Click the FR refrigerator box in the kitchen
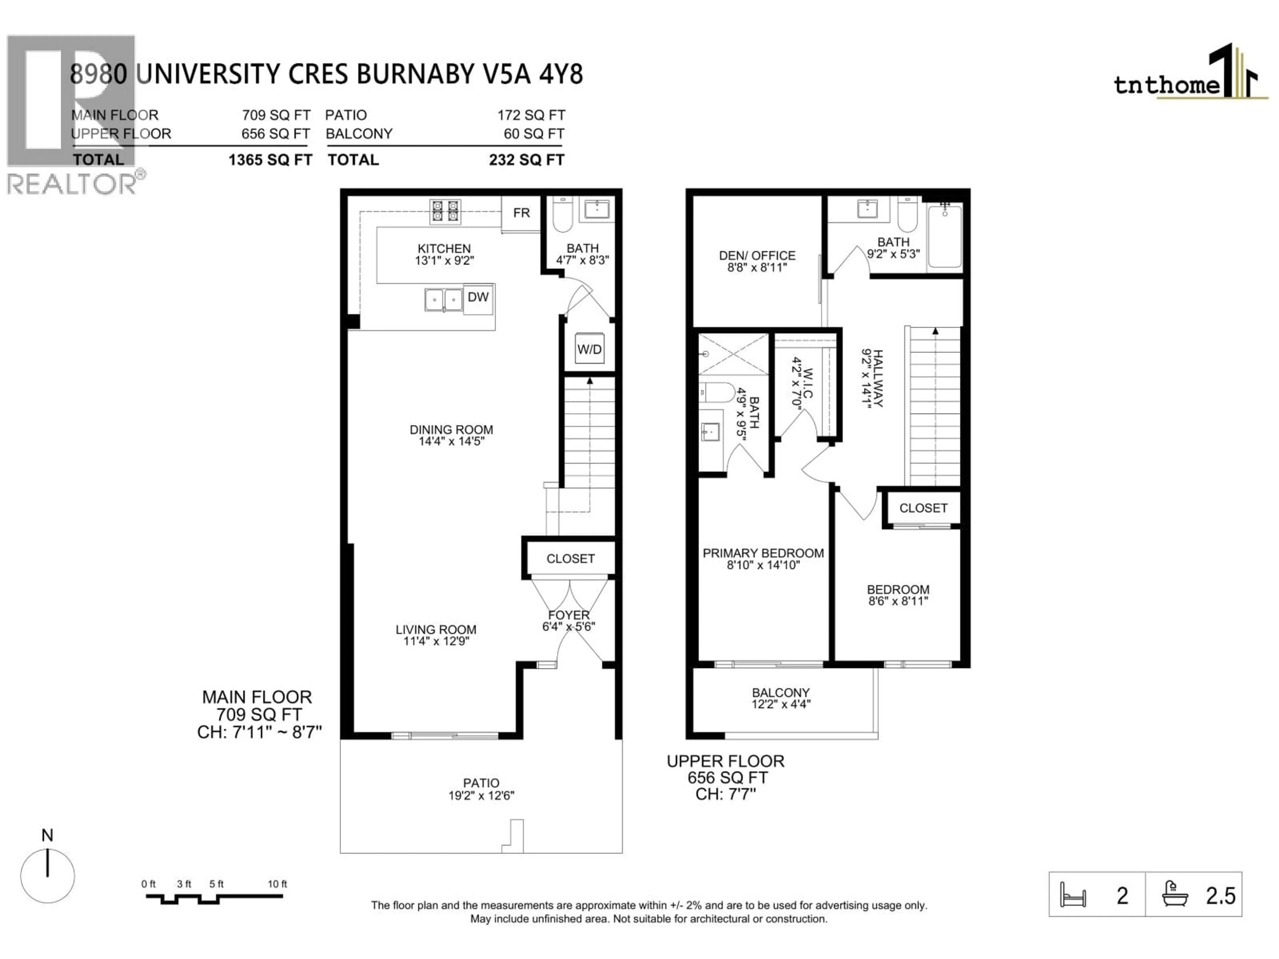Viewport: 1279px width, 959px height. [x=521, y=213]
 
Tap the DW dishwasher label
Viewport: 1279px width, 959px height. [x=478, y=297]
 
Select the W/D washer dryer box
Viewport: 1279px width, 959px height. [x=589, y=349]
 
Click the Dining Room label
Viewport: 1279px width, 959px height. [x=451, y=430]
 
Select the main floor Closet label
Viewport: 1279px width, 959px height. [x=570, y=558]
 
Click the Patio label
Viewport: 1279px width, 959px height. [x=481, y=783]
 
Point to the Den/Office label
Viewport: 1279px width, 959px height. [x=757, y=255]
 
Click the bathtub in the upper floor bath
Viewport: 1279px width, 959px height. [x=945, y=237]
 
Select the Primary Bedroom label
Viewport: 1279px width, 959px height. [x=763, y=553]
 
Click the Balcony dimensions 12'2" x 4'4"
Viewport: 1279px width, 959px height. [x=781, y=704]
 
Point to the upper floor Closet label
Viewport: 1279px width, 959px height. [x=923, y=508]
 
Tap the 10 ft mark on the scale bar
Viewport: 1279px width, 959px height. [x=277, y=884]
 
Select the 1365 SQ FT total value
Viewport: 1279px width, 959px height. [x=270, y=160]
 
